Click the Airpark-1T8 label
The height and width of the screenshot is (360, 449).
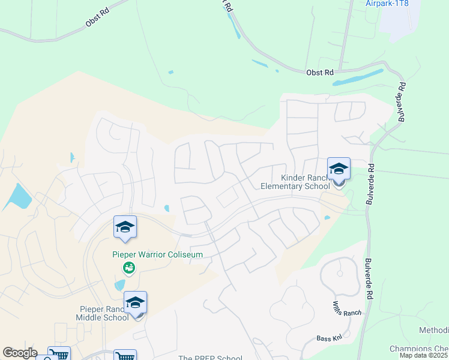point(387,4)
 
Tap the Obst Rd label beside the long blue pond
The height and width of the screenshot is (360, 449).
point(319,73)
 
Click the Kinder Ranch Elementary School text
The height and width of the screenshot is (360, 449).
point(295,182)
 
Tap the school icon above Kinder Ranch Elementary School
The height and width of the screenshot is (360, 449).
point(339,169)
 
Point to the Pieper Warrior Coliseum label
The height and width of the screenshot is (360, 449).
point(158,254)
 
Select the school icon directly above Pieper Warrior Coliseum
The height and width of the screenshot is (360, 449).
point(125,227)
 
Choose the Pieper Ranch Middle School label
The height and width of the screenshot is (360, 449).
point(104,313)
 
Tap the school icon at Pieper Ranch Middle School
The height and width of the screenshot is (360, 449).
point(135,302)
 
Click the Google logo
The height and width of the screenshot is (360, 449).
point(20,353)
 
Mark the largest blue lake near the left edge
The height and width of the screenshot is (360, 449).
point(18,197)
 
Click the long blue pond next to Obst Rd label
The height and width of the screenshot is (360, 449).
point(358,77)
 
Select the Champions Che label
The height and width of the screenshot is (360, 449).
point(418,349)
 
